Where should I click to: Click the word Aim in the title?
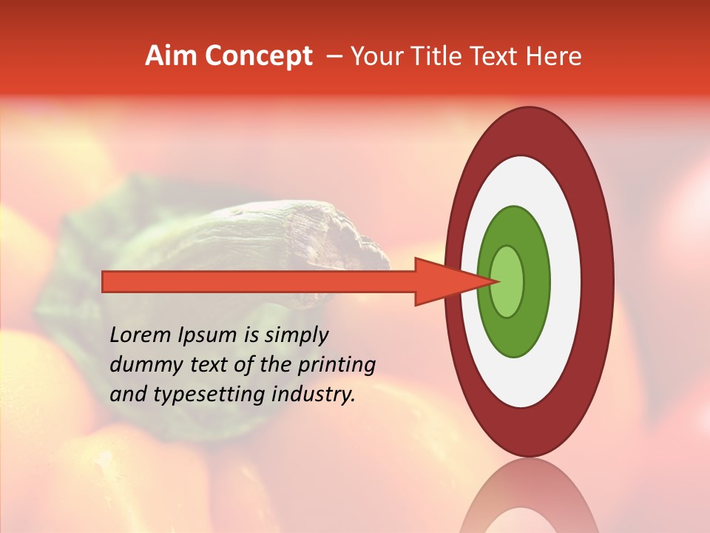click(171, 56)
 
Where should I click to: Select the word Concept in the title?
click(259, 57)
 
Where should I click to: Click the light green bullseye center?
click(507, 281)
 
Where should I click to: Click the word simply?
click(296, 335)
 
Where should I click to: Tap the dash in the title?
click(334, 56)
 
